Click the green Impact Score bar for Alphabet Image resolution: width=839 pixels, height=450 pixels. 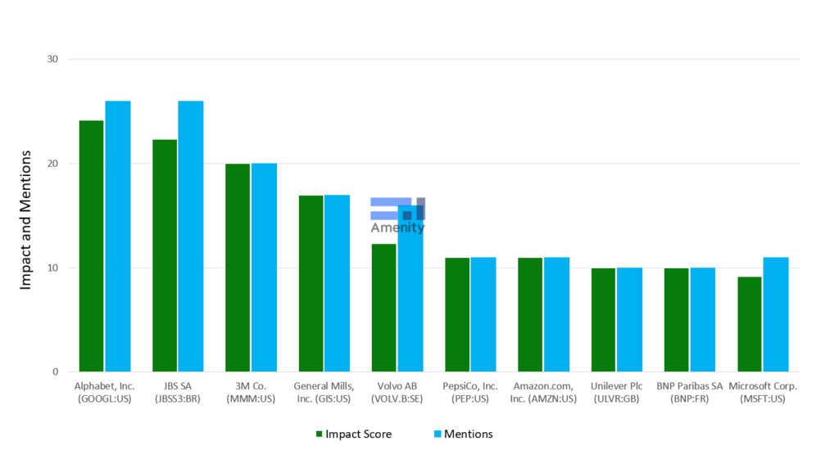point(91,245)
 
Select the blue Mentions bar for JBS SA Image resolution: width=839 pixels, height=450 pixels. point(190,236)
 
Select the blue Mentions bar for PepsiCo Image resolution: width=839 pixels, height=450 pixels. point(483,314)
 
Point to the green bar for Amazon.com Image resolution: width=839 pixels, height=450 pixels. point(530,314)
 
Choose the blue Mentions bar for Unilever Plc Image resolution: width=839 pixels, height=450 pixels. point(629,319)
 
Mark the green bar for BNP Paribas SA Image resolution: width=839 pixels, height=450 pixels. point(676,319)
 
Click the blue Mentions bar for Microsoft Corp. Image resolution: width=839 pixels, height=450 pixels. point(775,314)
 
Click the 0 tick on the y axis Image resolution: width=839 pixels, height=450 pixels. point(55,371)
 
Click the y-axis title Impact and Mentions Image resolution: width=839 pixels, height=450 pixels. point(25,218)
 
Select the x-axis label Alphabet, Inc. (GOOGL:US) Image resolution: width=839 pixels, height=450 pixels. point(104,392)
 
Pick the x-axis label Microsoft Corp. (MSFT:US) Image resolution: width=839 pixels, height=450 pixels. point(763,392)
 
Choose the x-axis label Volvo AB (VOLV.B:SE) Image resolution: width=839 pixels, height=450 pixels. point(397,392)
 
